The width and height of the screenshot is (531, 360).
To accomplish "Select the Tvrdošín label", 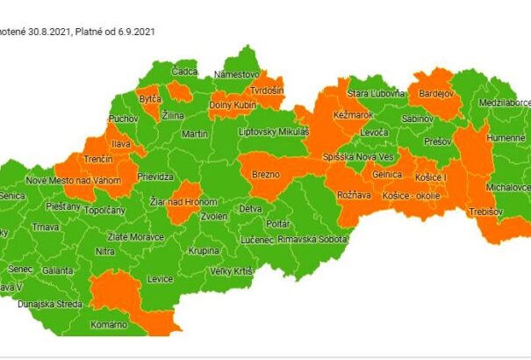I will click(265, 91).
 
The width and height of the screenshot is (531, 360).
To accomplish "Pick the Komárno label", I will click(109, 324).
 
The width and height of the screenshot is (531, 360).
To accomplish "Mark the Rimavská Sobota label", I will click(307, 239).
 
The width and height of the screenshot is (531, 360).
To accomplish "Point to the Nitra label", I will click(104, 251).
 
